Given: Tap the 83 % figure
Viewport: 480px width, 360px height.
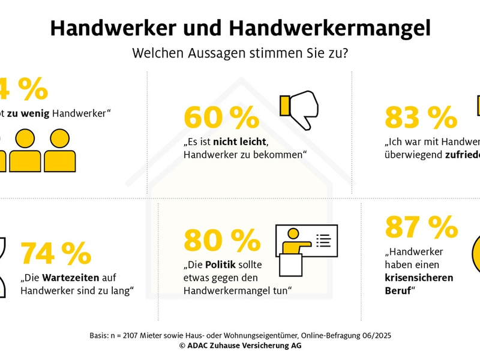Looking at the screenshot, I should (x=421, y=118).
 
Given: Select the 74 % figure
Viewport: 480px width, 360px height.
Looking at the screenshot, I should (x=56, y=254).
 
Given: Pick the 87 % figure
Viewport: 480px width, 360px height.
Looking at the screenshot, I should (x=421, y=227).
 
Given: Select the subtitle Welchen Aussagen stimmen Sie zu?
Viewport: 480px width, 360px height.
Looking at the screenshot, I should (x=240, y=53).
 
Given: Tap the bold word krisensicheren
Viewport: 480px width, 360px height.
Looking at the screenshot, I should (x=419, y=278).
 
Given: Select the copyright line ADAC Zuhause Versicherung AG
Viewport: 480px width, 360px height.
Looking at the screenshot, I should (x=240, y=346).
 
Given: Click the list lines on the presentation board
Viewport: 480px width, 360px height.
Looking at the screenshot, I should (x=323, y=241).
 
